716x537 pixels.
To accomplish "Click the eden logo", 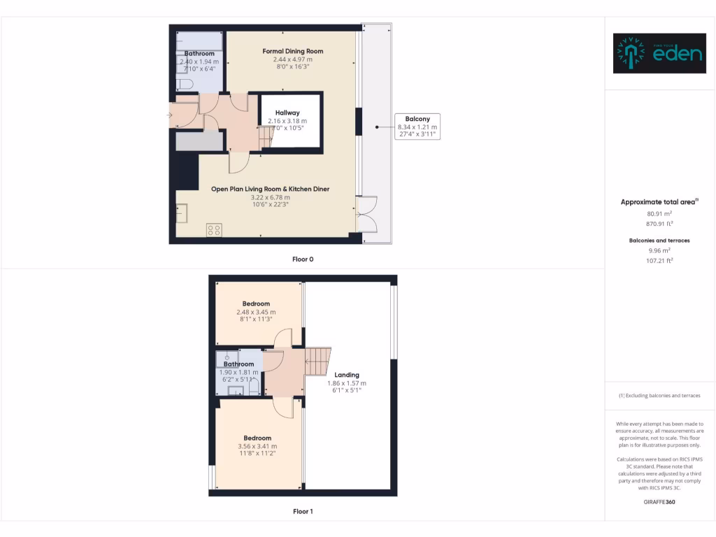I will point(659,53).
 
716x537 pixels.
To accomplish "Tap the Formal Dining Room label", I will point(292,51).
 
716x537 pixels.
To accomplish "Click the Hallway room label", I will point(287,113).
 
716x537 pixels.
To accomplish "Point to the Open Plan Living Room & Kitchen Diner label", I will point(270,189).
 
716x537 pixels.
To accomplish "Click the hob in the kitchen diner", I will point(214,229).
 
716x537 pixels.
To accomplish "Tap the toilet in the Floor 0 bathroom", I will point(185,85).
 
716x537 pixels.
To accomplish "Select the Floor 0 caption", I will point(303,259).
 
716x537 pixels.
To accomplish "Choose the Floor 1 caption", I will point(303,511).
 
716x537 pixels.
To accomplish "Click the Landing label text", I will point(347,375).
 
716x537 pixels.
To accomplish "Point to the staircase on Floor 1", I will point(318,361).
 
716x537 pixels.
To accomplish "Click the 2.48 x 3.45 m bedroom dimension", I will point(256,312).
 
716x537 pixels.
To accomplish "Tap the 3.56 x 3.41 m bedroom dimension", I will point(257,446).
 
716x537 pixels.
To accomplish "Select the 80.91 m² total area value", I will point(659,214).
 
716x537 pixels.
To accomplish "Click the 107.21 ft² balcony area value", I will point(659,260).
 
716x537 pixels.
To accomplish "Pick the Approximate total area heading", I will point(659,202).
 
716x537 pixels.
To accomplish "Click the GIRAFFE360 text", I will point(659,502).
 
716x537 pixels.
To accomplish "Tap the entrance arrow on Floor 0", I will point(171,115).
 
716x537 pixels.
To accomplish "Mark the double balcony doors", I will point(367,214).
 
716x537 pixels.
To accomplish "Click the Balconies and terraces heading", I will point(659,240).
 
